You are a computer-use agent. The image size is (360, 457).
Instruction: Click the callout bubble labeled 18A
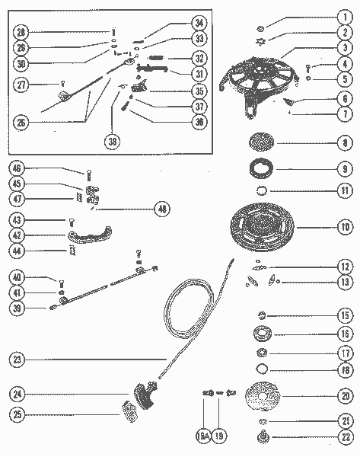click(x=203, y=436)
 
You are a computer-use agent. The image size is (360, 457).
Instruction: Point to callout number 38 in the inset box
click(x=113, y=140)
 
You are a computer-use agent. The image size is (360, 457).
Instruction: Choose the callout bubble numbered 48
click(x=161, y=208)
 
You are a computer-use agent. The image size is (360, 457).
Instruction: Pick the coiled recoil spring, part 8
click(x=264, y=142)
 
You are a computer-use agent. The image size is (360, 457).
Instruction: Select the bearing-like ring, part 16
click(x=263, y=333)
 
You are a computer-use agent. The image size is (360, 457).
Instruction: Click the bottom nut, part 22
click(x=263, y=437)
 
